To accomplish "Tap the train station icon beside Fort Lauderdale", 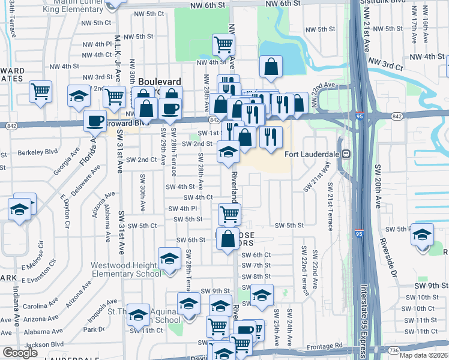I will click(x=346, y=154).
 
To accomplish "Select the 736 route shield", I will click(x=394, y=349).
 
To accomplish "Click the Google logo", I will click(x=20, y=353).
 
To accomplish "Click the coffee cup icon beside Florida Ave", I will click(x=95, y=121).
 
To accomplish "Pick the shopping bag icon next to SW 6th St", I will click(x=228, y=239).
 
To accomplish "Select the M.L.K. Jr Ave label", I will click(x=118, y=51).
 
